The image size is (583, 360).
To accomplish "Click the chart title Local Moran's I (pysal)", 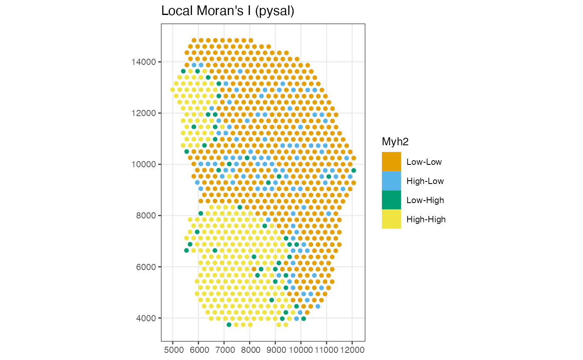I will [228, 11].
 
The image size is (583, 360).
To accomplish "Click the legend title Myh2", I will [395, 142].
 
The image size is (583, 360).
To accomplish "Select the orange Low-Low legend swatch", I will [391, 161].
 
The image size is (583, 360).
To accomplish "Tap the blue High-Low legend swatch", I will [391, 181].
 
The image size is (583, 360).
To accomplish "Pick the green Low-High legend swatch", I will [391, 200].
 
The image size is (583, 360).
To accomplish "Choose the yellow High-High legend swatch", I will [391, 219].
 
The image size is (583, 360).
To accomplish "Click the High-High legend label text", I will [426, 219].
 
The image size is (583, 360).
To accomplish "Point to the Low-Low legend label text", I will [424, 162].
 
